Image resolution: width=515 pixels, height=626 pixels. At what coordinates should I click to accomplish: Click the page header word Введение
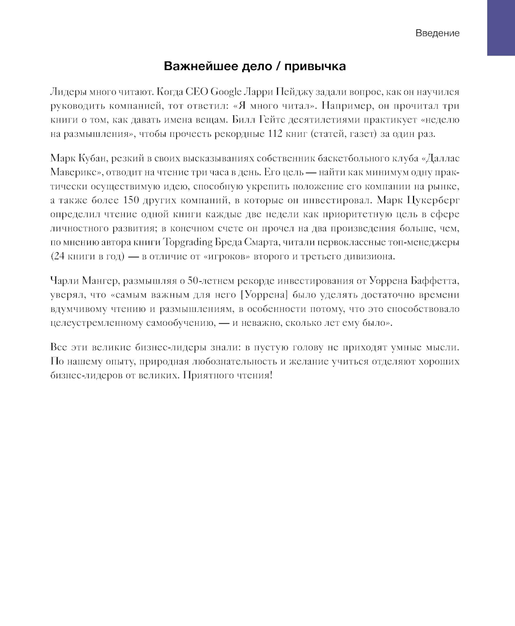(437, 33)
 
